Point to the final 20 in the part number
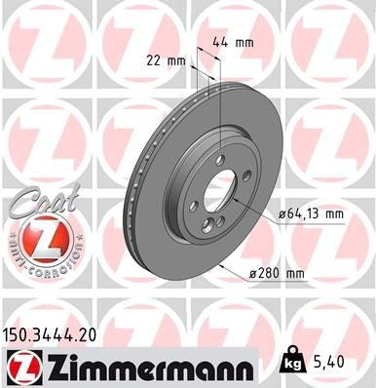pos(93,333)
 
